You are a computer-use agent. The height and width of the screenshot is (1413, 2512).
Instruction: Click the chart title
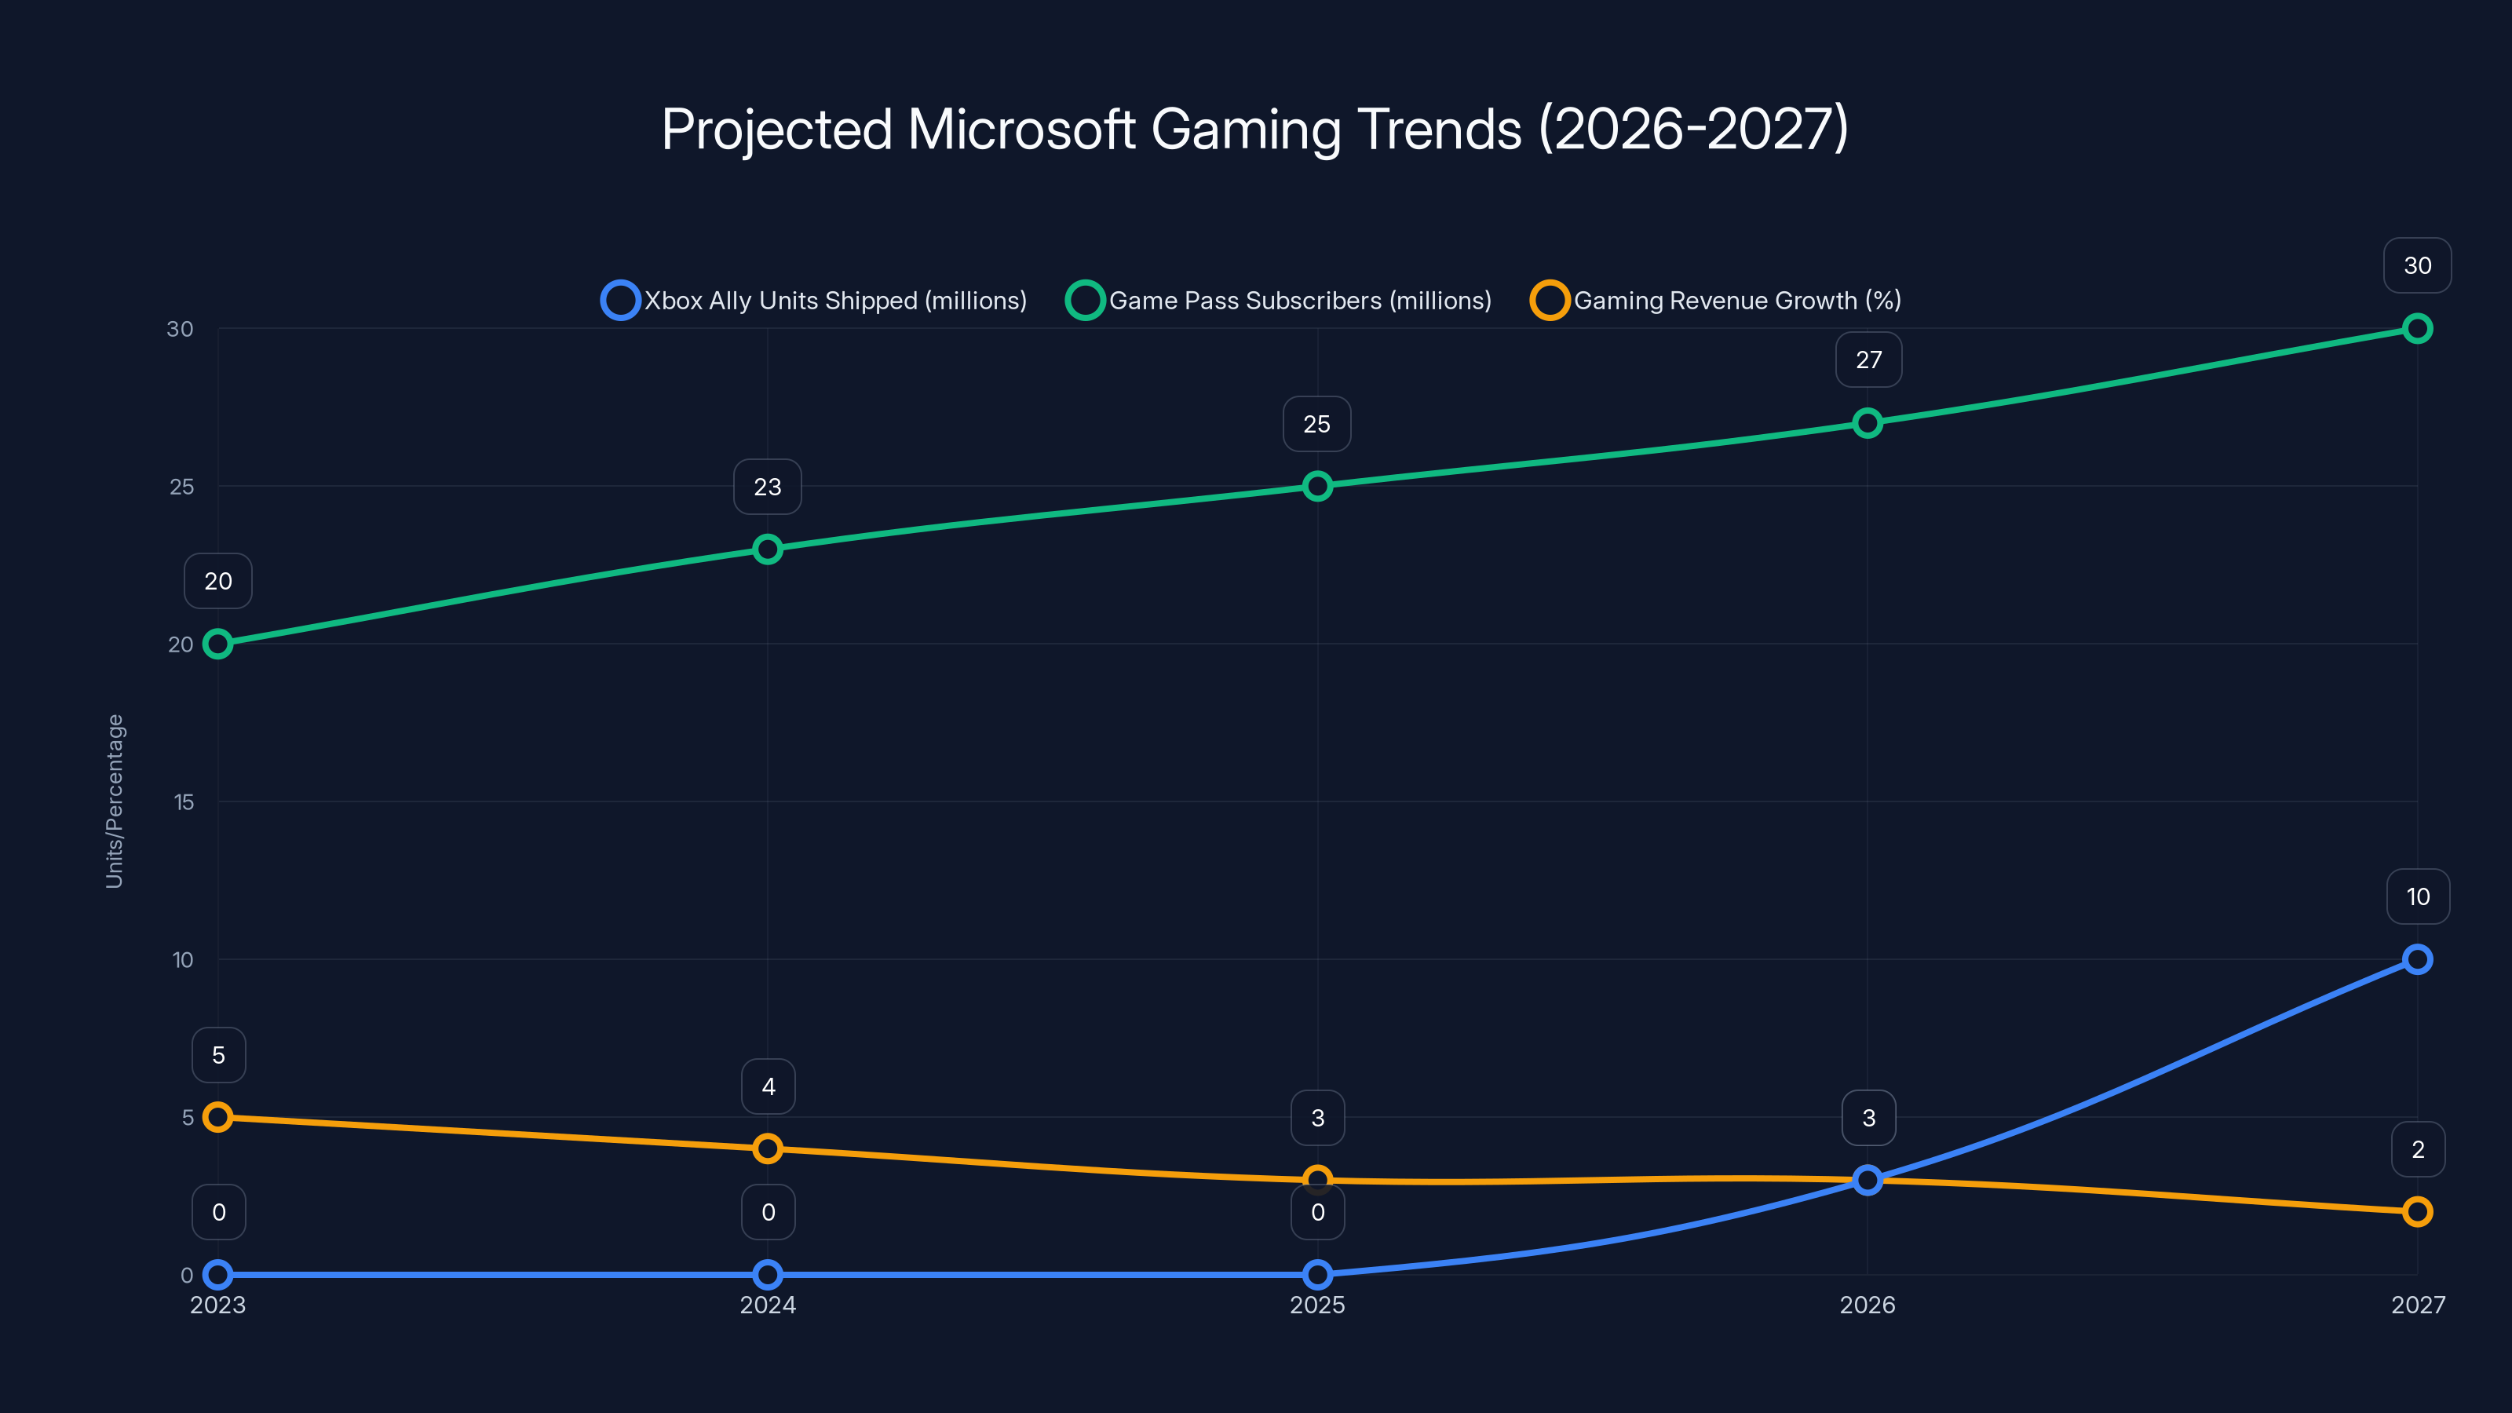(1255, 129)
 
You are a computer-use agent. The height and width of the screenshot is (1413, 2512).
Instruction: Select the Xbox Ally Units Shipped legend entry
(814, 301)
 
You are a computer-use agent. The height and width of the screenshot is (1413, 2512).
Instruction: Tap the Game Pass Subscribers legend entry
(1280, 301)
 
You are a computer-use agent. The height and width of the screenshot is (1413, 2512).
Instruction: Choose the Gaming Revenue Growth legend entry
(1716, 301)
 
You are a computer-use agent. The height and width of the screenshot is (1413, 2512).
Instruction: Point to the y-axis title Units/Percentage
(115, 801)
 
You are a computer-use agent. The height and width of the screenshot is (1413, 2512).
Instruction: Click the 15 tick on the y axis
(184, 801)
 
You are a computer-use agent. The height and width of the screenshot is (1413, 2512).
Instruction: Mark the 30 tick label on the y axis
(181, 329)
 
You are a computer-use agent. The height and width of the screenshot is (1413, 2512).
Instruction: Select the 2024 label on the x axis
(768, 1305)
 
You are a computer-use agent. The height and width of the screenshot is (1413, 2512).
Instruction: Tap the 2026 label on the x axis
(1868, 1305)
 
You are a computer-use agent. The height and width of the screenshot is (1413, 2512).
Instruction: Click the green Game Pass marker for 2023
(218, 644)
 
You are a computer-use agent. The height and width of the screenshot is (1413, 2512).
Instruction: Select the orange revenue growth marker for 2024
(768, 1148)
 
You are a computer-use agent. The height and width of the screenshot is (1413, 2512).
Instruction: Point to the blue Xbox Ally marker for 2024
(768, 1275)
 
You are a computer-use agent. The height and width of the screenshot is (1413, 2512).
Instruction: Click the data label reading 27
(1868, 360)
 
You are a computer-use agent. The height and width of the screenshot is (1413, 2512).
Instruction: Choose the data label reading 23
(768, 487)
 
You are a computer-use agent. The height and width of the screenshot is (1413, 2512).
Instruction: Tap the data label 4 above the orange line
(769, 1086)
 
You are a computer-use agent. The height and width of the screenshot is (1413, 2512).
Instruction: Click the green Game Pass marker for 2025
(1317, 486)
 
